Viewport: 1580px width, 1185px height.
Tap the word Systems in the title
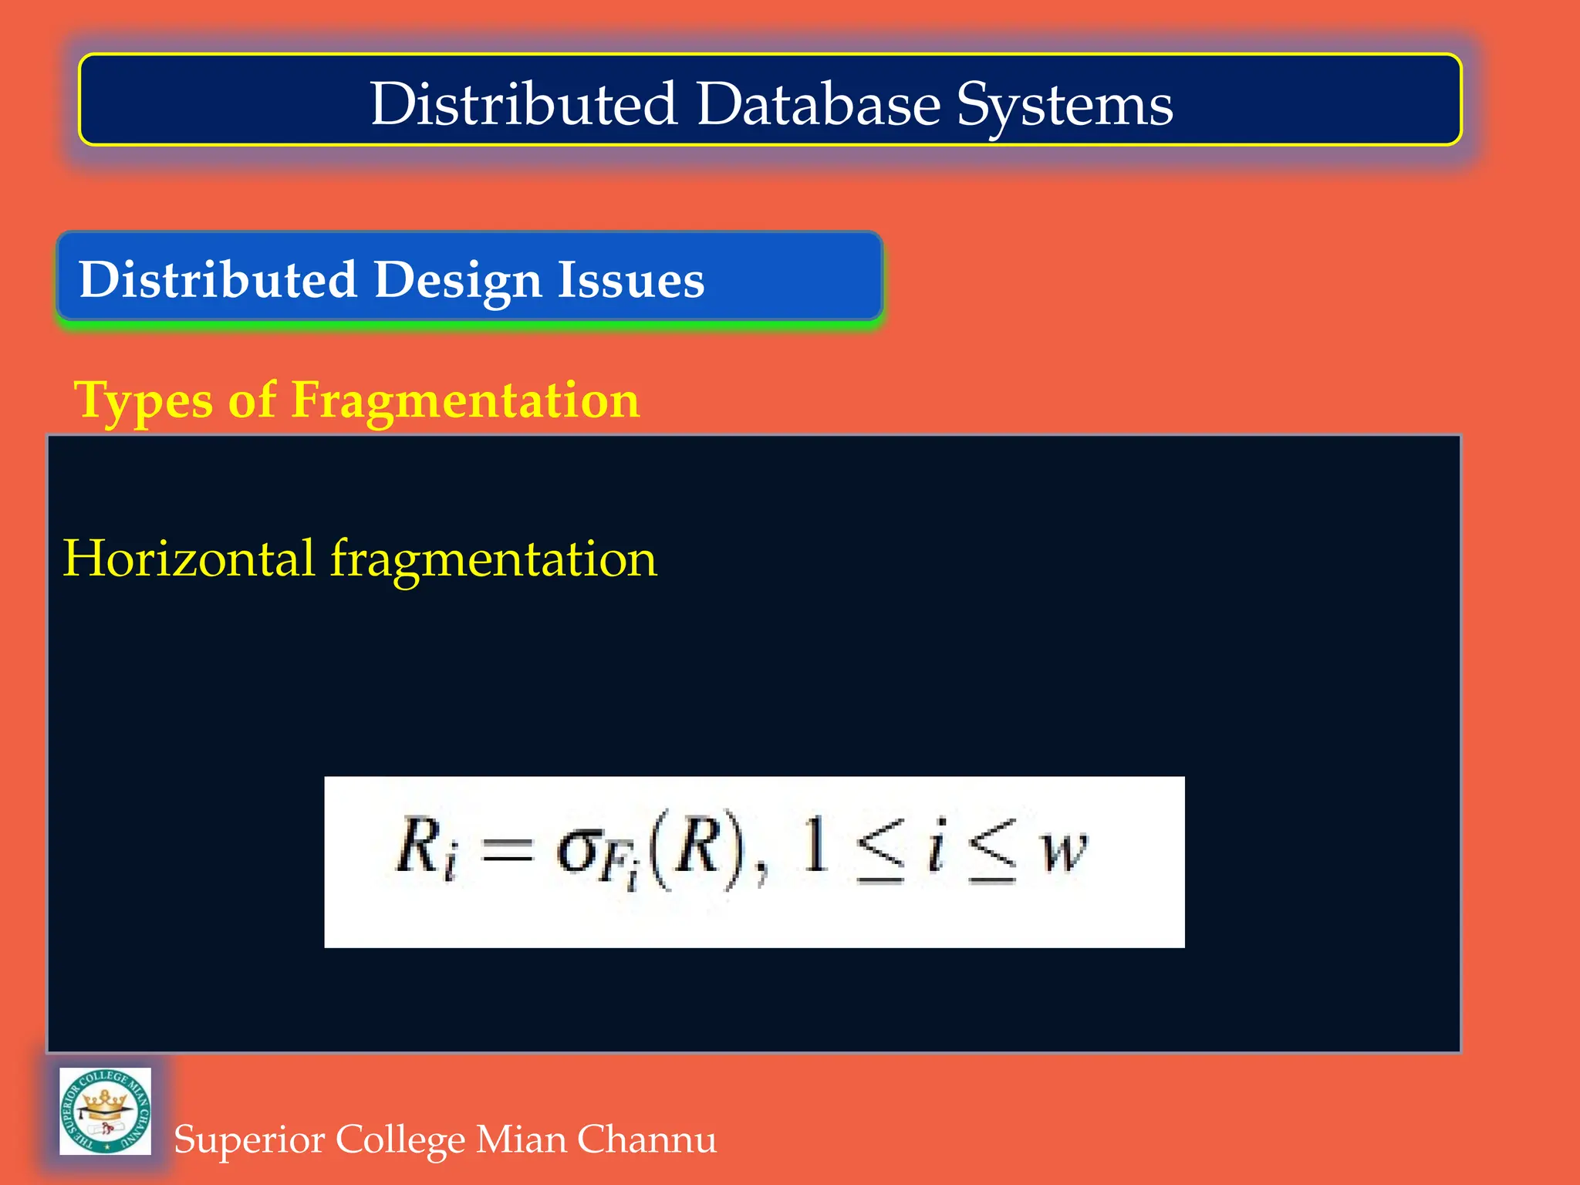point(1065,105)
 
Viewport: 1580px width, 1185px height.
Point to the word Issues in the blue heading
point(631,279)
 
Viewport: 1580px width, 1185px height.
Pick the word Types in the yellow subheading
point(143,401)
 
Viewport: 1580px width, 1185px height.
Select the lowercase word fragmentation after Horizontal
point(494,559)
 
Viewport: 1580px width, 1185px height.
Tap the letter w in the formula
point(1065,851)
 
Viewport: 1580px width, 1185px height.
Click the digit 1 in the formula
point(815,846)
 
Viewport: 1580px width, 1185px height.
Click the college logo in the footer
point(106,1111)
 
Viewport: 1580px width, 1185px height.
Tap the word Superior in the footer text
point(248,1139)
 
